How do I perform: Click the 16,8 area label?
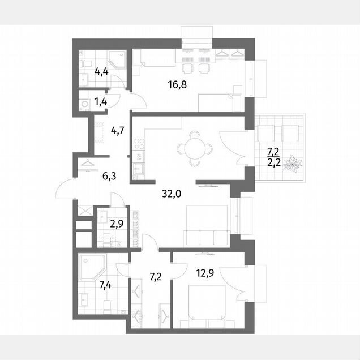(177, 85)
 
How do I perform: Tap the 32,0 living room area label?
(172, 194)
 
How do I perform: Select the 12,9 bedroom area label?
(205, 273)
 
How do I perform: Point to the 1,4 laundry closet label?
(101, 101)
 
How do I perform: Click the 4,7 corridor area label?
(118, 131)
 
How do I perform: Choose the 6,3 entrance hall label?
(109, 177)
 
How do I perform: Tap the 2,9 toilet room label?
(117, 224)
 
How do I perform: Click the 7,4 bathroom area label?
(105, 285)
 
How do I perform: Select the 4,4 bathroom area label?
(101, 72)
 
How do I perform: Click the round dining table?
(195, 148)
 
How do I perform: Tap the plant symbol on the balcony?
(292, 163)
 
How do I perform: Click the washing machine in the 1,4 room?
(84, 104)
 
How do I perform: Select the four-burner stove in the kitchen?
(139, 144)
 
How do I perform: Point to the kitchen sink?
(138, 169)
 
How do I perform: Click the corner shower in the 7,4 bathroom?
(92, 267)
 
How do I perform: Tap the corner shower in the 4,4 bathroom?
(117, 59)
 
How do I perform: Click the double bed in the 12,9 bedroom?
(207, 303)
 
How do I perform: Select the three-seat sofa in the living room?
(207, 238)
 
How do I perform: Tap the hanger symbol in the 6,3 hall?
(88, 164)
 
